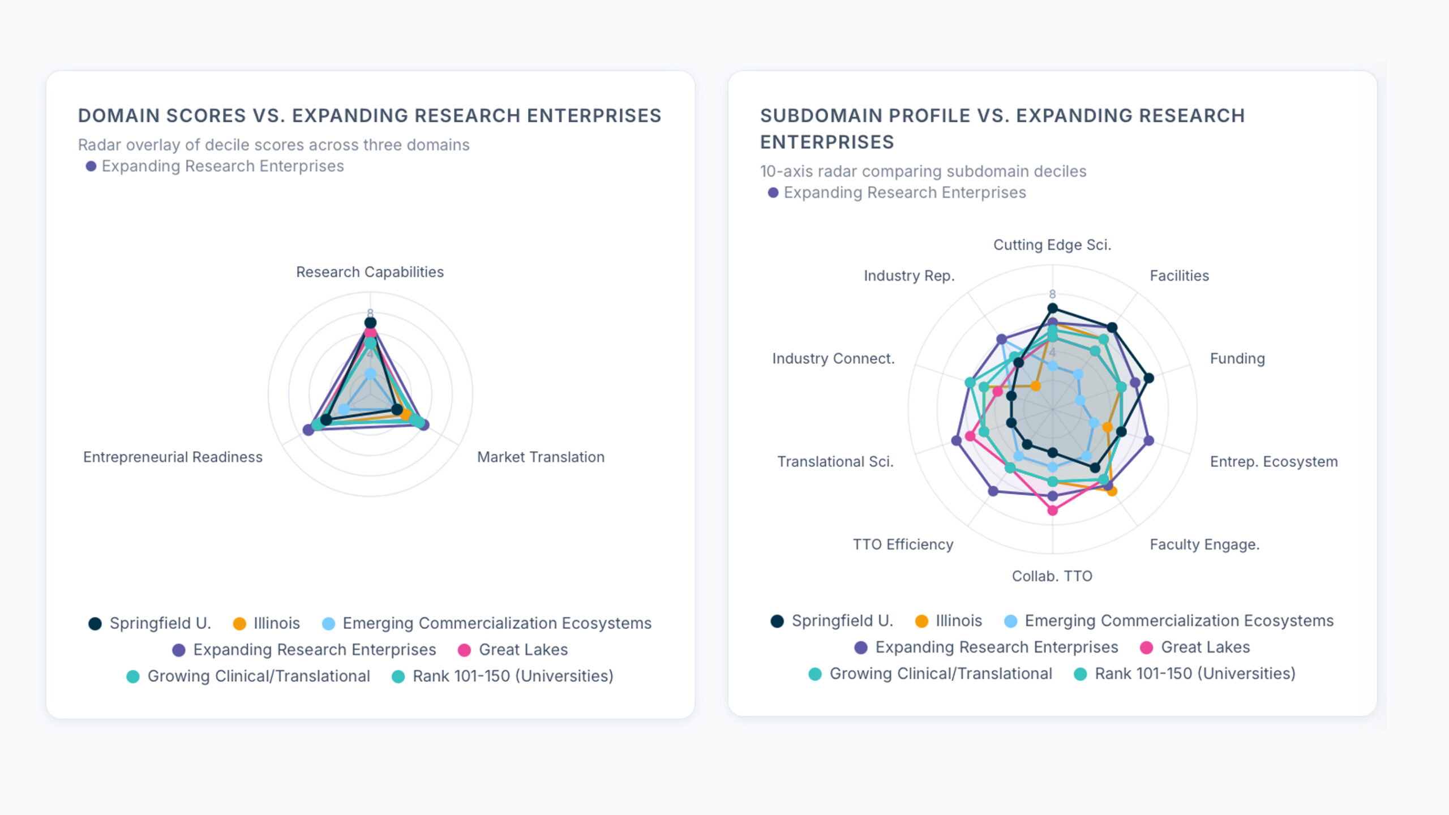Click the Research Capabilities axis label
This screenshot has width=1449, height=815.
point(370,272)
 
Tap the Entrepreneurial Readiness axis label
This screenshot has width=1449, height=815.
point(173,457)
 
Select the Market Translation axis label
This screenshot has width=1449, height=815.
point(541,457)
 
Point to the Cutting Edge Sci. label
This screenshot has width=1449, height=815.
point(1052,245)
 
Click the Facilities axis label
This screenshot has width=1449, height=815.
point(1179,276)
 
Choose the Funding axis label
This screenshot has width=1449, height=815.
point(1237,359)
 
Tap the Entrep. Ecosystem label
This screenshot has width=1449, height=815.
point(1274,462)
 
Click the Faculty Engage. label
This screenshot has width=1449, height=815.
point(1204,544)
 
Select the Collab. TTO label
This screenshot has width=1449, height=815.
point(1052,576)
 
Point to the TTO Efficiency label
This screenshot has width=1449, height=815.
point(903,544)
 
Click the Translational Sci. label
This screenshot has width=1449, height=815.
point(835,462)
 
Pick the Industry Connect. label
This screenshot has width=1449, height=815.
point(833,359)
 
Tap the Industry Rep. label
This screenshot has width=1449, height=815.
point(909,276)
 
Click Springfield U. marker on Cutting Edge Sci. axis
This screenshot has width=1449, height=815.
point(1052,308)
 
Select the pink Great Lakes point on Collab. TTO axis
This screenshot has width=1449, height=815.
point(1052,511)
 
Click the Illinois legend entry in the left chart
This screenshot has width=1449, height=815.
point(267,623)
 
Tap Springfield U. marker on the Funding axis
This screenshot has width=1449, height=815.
point(1148,378)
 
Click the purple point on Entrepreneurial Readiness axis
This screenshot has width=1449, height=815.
point(308,430)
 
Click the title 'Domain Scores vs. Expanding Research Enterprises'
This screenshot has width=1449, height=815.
point(370,115)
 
